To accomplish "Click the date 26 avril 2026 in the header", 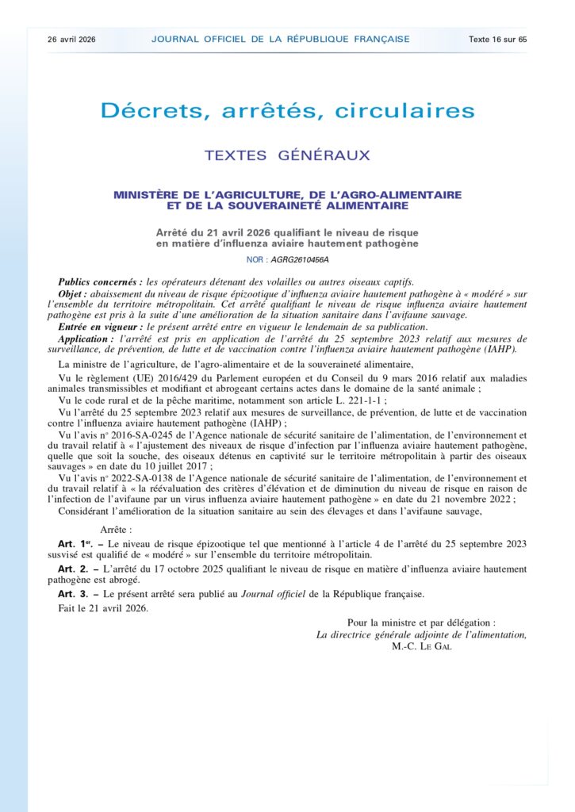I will tap(71, 39).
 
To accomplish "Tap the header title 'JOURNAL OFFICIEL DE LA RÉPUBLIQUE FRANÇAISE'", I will tap(281, 39).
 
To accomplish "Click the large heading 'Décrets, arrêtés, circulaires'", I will tap(287, 111).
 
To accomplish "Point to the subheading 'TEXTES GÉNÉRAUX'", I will tap(287, 155).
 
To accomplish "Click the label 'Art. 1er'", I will tap(76, 543).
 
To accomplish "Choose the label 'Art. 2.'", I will tap(75, 569).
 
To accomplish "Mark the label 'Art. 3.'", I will tap(75, 593).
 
